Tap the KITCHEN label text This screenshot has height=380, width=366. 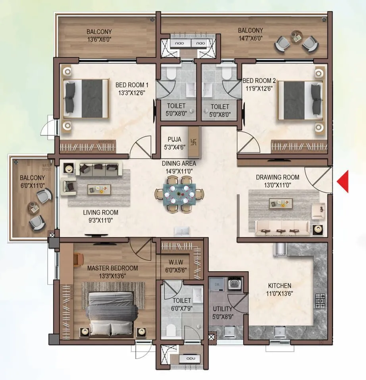click(279, 285)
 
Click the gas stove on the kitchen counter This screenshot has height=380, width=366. click(320, 301)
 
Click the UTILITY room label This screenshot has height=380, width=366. click(220, 308)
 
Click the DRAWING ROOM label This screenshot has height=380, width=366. click(277, 177)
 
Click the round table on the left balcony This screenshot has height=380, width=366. click(33, 207)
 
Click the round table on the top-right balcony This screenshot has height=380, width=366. click(296, 37)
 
